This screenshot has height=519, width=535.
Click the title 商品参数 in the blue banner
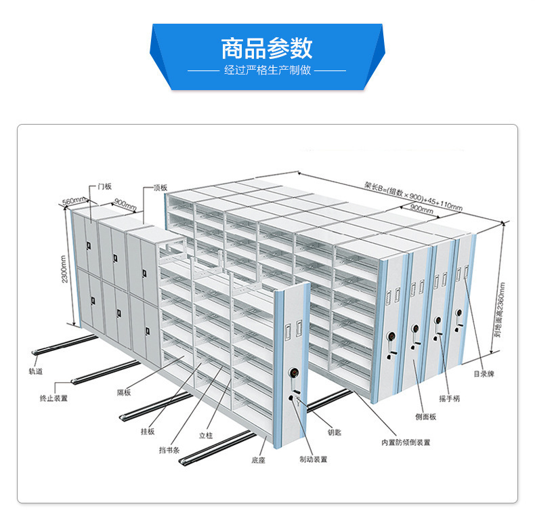[x=267, y=49]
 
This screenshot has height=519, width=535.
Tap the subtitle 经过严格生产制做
[x=267, y=70]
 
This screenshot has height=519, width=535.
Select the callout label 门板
[x=104, y=186]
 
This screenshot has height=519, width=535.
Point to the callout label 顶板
[x=160, y=188]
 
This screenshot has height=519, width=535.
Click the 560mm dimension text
[x=74, y=201]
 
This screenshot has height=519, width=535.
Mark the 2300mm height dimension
[x=64, y=269]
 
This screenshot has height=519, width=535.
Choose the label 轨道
[x=36, y=371]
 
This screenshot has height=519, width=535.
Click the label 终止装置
[x=53, y=398]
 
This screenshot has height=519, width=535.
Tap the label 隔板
[x=124, y=392]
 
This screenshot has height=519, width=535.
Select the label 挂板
[x=148, y=432]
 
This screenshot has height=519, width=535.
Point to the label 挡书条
[x=169, y=450]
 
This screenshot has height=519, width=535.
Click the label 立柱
[x=206, y=436]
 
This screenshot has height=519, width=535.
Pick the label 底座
[x=258, y=460]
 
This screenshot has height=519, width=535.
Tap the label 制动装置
[x=314, y=459]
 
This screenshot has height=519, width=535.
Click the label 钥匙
[x=335, y=432]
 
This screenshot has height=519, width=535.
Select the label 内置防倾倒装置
[x=406, y=442]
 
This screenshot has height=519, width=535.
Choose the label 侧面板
[x=426, y=417]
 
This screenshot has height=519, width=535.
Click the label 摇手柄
[x=450, y=398]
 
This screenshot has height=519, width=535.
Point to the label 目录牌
[x=484, y=374]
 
